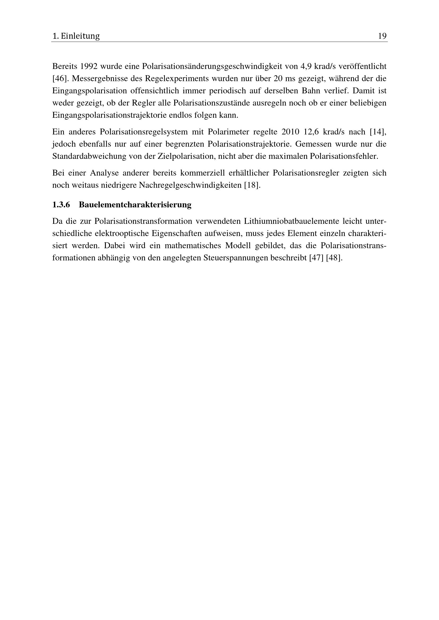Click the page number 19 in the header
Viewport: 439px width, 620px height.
382,36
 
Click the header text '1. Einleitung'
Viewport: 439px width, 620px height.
76,36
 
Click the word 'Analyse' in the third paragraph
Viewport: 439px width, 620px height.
104,173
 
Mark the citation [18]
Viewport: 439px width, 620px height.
252,185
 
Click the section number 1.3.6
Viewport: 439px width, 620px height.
61,205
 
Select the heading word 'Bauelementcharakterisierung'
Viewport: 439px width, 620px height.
135,205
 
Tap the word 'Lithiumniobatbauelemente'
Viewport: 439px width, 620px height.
291,221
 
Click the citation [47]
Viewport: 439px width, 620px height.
316,258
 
